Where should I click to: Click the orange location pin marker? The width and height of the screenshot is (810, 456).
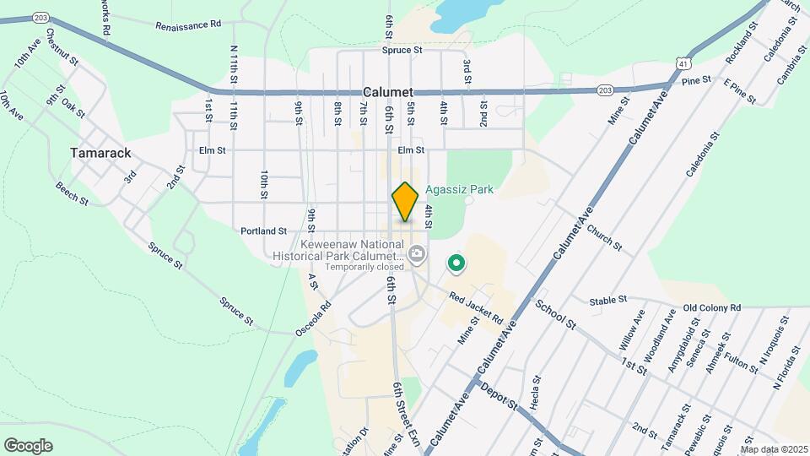[406, 202]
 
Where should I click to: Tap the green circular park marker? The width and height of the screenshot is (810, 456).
[456, 265]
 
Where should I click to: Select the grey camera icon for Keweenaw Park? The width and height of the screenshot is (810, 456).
[416, 253]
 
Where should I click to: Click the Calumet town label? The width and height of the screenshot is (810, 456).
[387, 92]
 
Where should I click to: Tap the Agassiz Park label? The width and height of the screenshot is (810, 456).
[459, 190]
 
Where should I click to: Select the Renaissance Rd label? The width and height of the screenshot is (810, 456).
[187, 25]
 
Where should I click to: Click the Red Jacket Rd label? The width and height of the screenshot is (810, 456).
[476, 309]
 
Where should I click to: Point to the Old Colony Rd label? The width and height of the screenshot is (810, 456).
[711, 307]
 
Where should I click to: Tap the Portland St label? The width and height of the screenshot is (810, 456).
[263, 230]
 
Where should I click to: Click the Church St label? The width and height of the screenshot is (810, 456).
[603, 238]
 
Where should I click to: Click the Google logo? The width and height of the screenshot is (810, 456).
[28, 446]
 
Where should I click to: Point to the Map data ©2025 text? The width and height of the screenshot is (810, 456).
[774, 449]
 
